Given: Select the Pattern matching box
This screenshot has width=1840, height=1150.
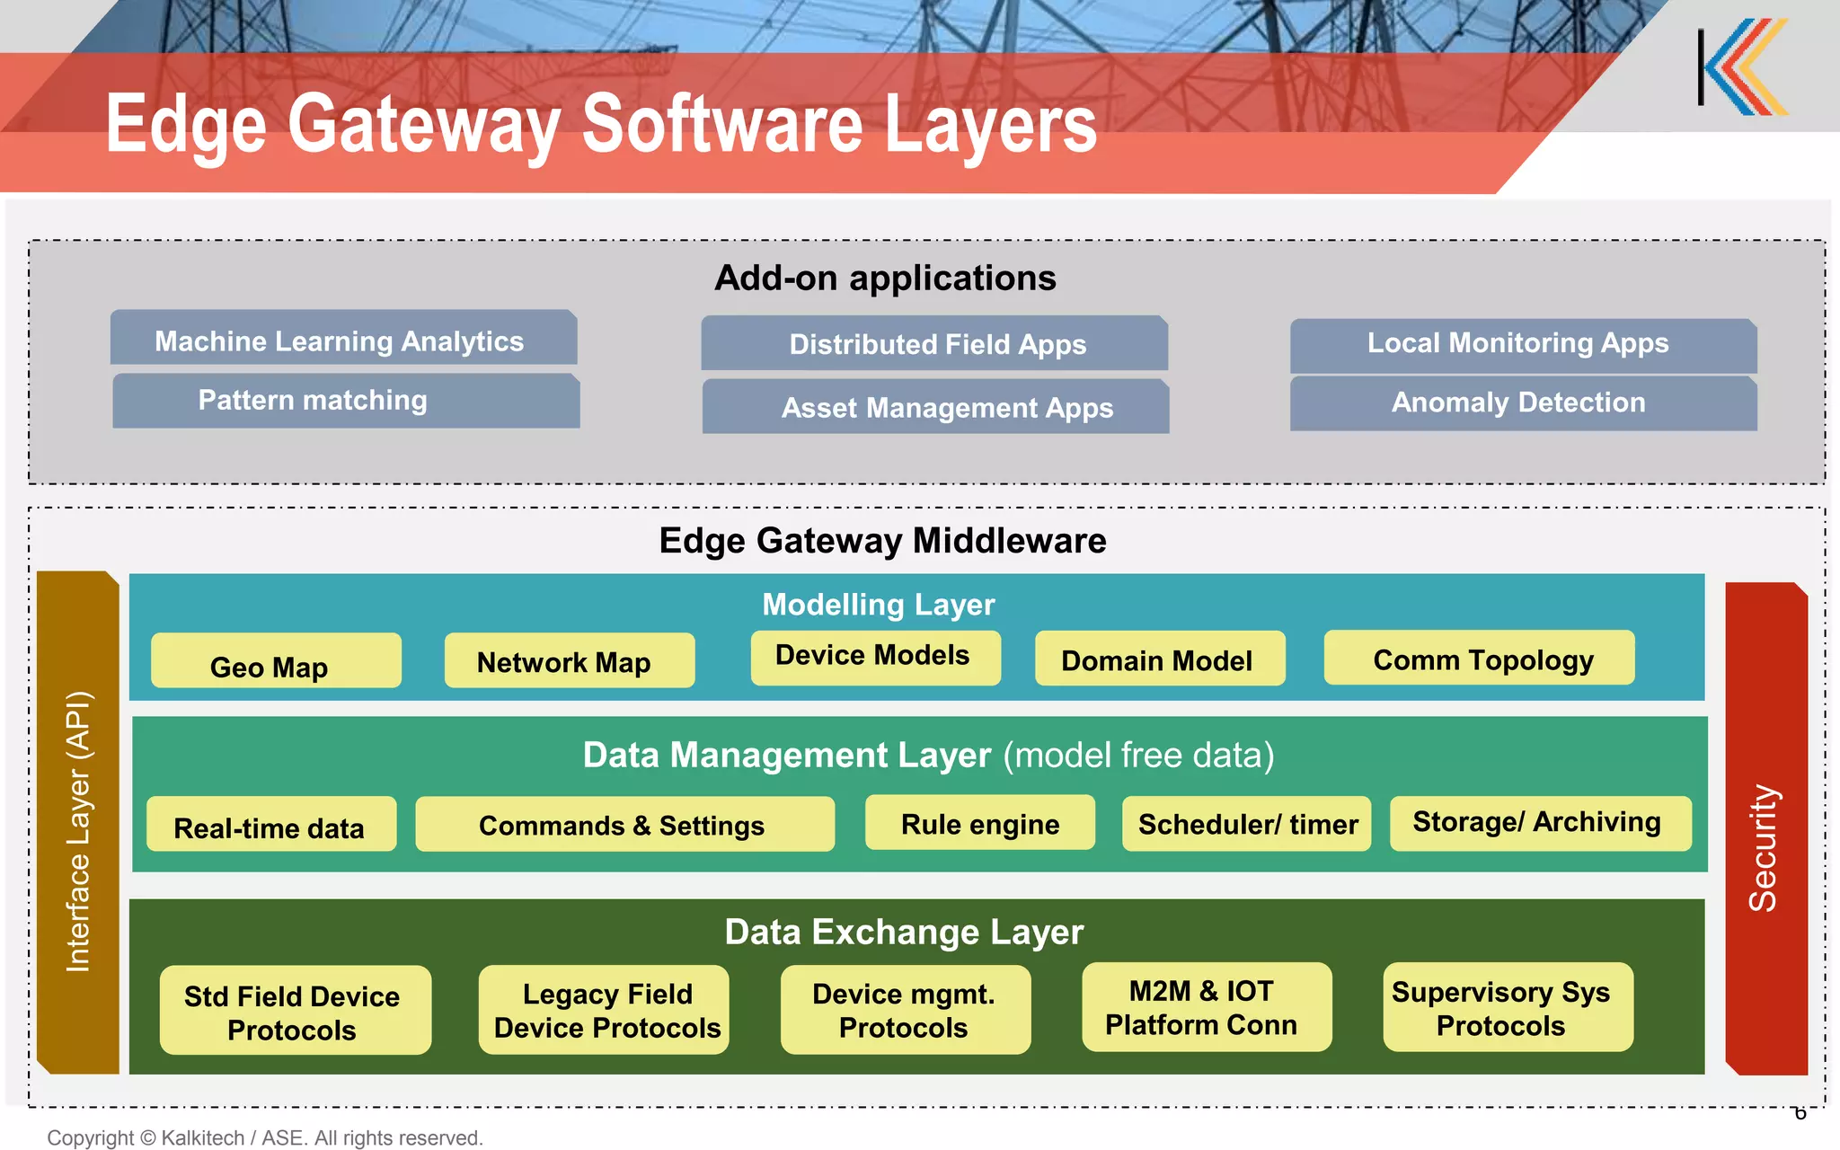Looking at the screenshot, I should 346,402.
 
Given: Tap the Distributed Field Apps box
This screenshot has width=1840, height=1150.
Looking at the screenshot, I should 934,343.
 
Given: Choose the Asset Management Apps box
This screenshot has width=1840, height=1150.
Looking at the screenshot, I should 935,407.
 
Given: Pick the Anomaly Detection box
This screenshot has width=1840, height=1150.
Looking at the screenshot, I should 1523,403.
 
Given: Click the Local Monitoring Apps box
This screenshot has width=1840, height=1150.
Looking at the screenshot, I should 1523,345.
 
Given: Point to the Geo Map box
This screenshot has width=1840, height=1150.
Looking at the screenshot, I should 276,661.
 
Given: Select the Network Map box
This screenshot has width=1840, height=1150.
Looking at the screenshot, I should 569,661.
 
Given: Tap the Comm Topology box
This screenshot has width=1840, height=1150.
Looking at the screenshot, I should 1479,659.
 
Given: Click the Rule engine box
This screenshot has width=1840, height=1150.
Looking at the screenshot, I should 979,823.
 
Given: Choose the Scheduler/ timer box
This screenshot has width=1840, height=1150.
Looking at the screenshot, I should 1246,824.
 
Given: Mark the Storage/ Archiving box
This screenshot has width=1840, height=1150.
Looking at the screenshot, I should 1540,823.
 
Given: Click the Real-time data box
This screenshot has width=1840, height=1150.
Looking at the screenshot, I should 270,825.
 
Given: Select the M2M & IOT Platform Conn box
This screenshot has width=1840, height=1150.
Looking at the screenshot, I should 1206,1007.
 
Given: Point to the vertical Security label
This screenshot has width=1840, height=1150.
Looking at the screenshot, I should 1764,846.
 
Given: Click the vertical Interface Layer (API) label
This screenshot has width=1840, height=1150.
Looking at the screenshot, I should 78,831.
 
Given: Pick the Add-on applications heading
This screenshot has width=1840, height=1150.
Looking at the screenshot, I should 885,278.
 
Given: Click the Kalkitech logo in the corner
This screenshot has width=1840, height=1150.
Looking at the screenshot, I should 1743,67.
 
